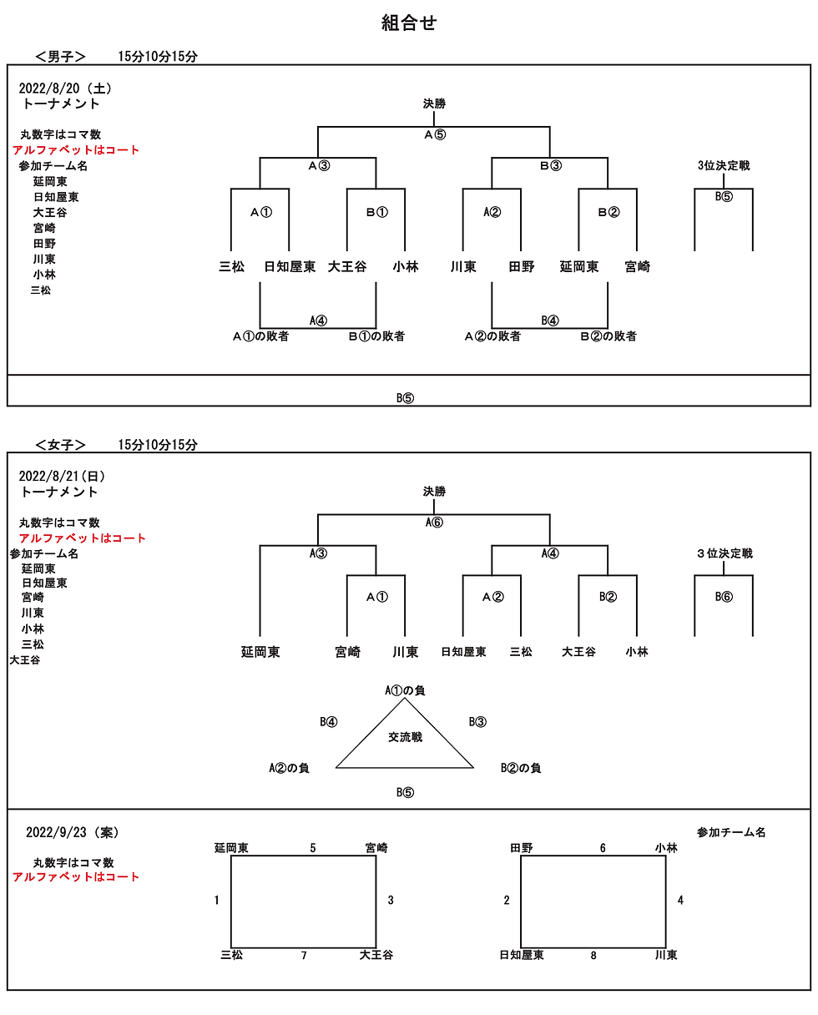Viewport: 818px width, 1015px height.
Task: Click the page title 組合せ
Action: click(408, 23)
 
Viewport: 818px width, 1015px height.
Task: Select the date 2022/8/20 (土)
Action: click(65, 88)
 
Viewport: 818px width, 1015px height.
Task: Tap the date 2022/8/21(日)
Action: click(62, 476)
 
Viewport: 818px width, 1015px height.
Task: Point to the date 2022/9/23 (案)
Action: click(72, 832)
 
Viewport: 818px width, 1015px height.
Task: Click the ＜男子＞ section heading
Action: click(61, 57)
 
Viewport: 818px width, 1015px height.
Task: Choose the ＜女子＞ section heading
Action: click(61, 445)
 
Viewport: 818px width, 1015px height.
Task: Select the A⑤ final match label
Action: click(434, 135)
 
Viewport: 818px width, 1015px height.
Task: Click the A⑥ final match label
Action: click(434, 523)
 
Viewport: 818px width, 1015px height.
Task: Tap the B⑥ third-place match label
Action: click(724, 597)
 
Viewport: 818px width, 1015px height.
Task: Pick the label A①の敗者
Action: click(260, 336)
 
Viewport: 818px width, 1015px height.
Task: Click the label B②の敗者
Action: click(608, 336)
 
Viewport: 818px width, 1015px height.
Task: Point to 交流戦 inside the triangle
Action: click(405, 738)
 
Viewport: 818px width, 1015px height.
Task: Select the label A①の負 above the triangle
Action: click(405, 690)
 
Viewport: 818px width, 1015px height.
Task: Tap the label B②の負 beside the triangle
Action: click(521, 768)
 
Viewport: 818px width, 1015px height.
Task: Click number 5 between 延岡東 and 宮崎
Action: click(313, 848)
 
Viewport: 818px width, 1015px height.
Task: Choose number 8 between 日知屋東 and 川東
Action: click(593, 955)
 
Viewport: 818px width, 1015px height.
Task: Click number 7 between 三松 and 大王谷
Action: click(304, 955)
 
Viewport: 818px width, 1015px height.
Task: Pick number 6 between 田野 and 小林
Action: click(603, 848)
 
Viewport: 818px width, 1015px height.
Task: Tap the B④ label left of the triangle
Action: click(329, 722)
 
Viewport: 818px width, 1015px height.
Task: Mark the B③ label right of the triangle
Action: click(477, 722)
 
